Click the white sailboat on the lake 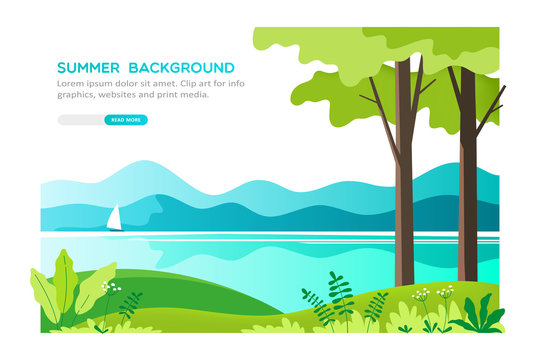(114, 217)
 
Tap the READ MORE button (125, 120)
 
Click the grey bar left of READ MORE (80, 120)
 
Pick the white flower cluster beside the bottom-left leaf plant (109, 290)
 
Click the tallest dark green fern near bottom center (341, 295)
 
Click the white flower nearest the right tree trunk (444, 292)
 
